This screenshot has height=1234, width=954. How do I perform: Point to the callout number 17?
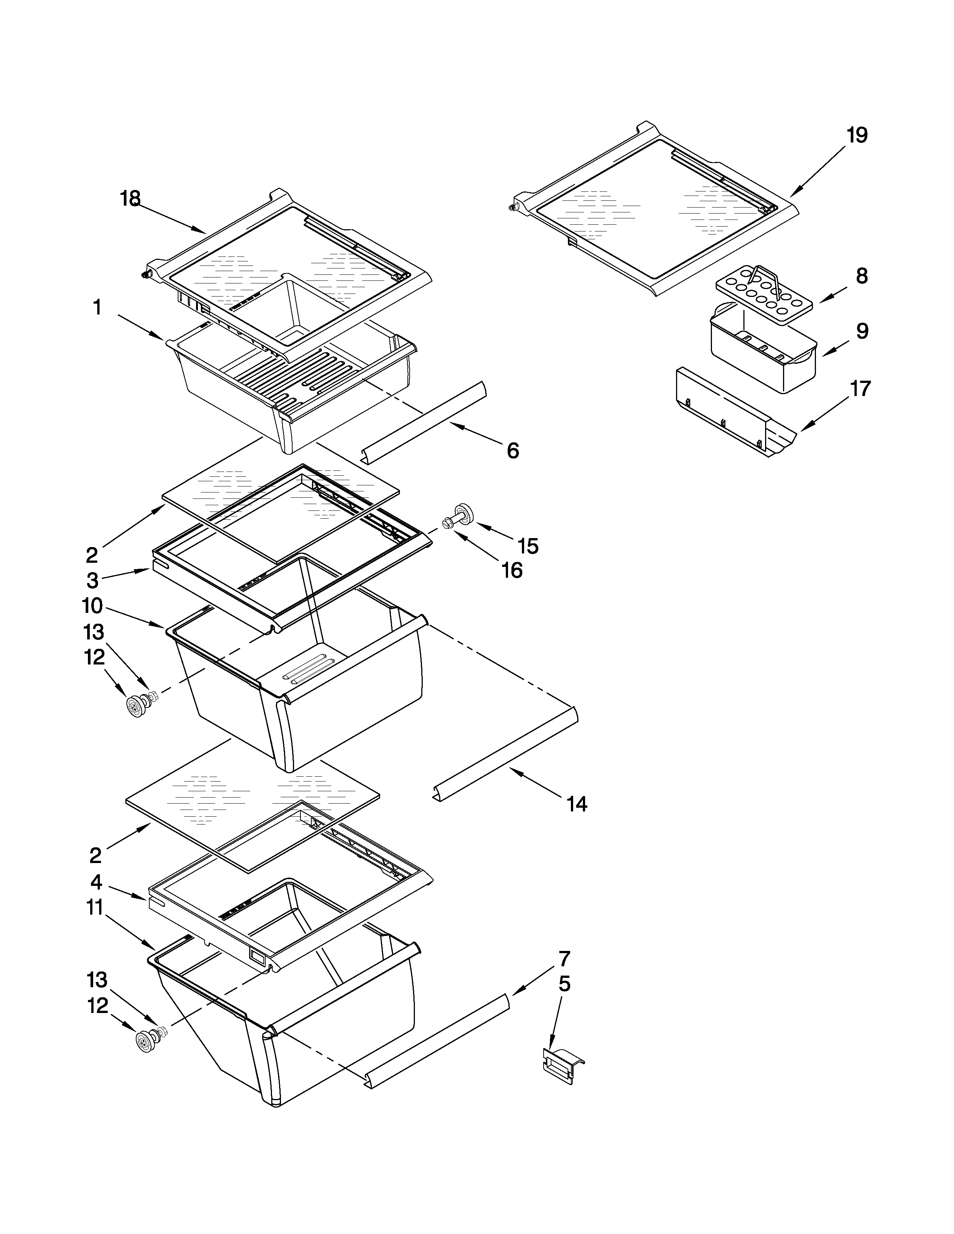(x=860, y=389)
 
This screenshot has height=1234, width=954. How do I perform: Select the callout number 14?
(x=577, y=804)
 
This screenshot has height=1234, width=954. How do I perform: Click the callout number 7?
(x=564, y=958)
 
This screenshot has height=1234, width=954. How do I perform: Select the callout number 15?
(x=528, y=546)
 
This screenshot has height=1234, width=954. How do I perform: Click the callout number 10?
(x=92, y=606)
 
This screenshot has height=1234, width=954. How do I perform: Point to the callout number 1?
(x=97, y=308)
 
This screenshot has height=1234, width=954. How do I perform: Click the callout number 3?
(x=92, y=580)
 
